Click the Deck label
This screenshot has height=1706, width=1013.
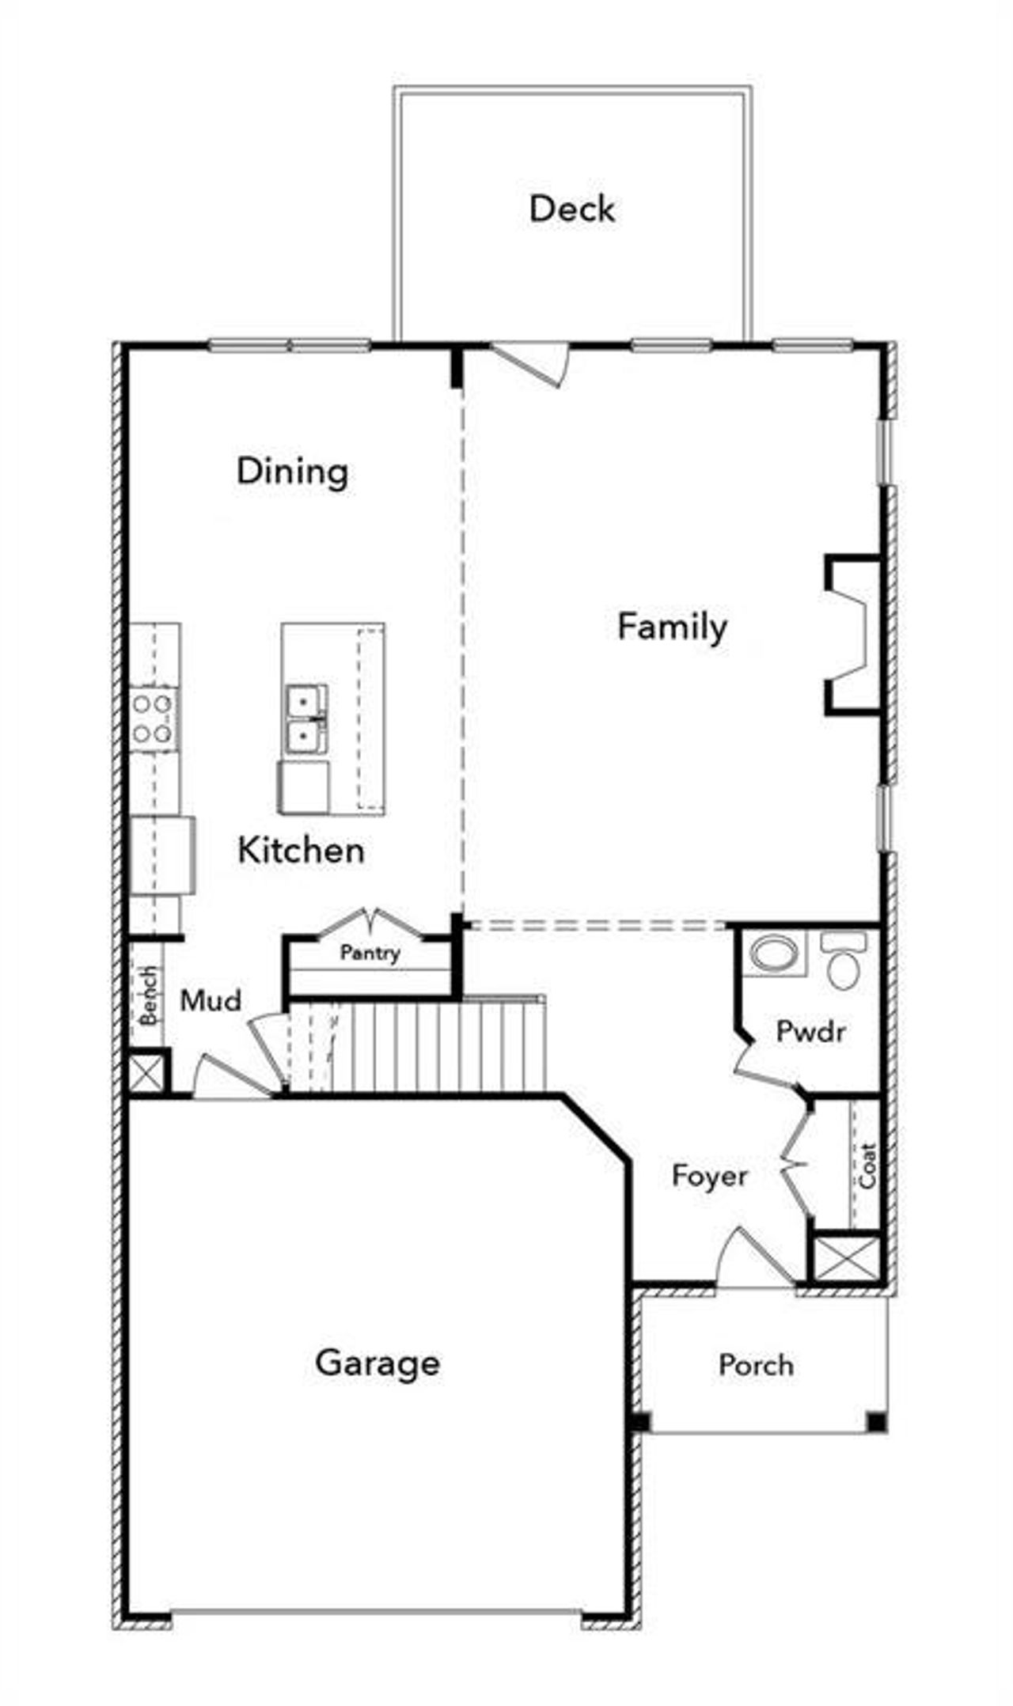571,209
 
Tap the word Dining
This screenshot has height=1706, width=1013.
292,472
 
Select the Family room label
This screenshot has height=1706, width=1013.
672,627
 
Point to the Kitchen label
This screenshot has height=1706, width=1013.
301,851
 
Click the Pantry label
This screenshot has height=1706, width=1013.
370,953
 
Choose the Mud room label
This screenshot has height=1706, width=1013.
211,1001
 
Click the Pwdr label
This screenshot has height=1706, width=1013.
810,1031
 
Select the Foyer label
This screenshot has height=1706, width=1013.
709,1176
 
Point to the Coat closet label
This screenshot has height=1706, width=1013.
868,1166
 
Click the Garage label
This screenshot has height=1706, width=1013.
377,1363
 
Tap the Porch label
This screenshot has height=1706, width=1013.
756,1365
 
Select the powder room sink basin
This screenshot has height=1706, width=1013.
774,953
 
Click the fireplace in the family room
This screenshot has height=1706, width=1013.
853,636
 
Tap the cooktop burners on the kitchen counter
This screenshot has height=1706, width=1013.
153,718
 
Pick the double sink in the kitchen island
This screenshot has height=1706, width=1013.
305,718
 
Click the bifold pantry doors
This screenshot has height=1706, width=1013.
370,923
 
